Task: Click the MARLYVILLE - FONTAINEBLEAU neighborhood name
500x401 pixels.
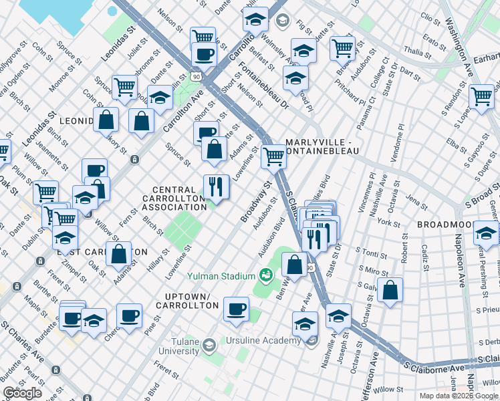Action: point(323,147)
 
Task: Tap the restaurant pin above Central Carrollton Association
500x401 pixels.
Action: point(216,186)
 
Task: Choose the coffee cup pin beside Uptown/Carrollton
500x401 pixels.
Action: point(236,308)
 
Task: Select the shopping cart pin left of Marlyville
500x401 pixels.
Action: point(273,156)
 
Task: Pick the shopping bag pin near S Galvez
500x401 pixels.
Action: point(390,289)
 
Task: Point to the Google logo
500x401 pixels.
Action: point(22,393)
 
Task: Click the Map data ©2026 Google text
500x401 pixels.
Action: point(457,396)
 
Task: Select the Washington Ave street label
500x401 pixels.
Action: point(457,32)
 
